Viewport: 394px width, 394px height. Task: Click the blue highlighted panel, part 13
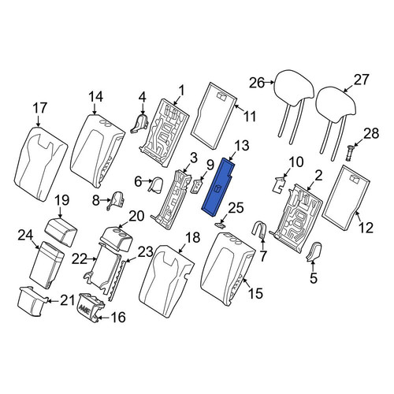(217, 187)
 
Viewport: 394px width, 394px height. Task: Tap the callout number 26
(257, 83)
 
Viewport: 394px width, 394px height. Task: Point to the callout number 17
(39, 108)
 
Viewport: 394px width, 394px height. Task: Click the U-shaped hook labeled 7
(259, 230)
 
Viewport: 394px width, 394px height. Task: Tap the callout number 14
(95, 97)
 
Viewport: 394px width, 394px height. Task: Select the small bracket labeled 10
(279, 184)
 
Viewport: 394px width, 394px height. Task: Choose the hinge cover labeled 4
(140, 124)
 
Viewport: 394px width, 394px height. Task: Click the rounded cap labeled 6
(155, 184)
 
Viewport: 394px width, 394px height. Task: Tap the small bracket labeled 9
(197, 186)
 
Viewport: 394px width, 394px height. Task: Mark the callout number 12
(366, 228)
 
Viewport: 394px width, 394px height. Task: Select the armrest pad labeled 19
(62, 232)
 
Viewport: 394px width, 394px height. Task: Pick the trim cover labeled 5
(314, 251)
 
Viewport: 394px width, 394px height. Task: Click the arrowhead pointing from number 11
(236, 106)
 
